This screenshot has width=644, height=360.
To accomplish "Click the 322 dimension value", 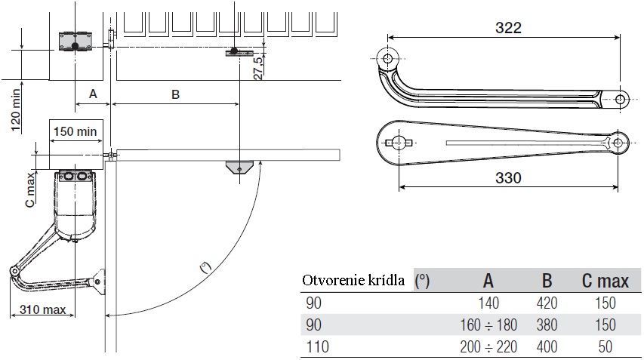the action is [x=508, y=27].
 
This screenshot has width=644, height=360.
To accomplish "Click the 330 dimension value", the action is [x=508, y=178].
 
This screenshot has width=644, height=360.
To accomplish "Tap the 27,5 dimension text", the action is [x=258, y=68].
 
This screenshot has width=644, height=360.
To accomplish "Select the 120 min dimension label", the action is [x=15, y=110].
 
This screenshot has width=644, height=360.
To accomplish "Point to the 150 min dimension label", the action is [x=75, y=131].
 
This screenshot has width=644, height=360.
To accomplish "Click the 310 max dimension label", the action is [x=43, y=309].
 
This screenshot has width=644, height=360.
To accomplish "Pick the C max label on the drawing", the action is [x=30, y=189].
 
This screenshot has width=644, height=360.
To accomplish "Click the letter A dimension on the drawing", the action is [x=93, y=94].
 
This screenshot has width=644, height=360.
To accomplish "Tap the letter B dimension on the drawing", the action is [x=175, y=94].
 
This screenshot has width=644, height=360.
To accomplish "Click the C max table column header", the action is [x=605, y=281].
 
